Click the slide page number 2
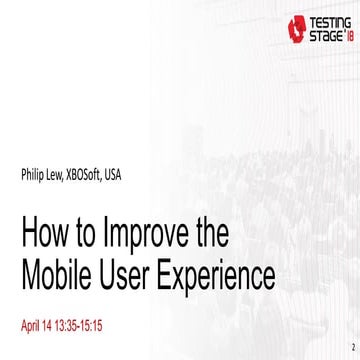tap(352, 349)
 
